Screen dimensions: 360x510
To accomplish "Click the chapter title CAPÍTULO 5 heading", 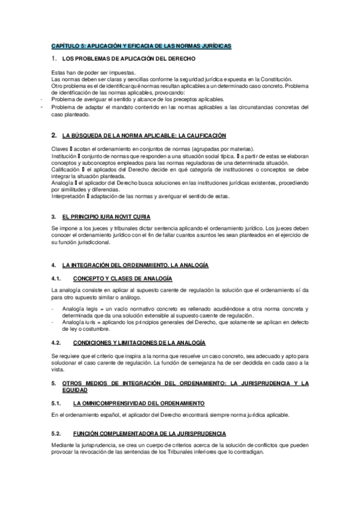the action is (x=141, y=46).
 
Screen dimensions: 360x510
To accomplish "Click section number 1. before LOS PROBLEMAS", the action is (x=54, y=59).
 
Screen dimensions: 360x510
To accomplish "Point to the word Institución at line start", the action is (x=64, y=156).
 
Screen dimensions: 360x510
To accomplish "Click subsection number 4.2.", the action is (x=56, y=342).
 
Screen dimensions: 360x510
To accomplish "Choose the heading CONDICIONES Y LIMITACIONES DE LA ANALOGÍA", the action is (x=139, y=342).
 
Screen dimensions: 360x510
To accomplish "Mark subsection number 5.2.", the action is (x=56, y=433).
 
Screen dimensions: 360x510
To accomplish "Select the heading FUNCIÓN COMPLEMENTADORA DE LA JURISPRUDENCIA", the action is (x=150, y=433).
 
